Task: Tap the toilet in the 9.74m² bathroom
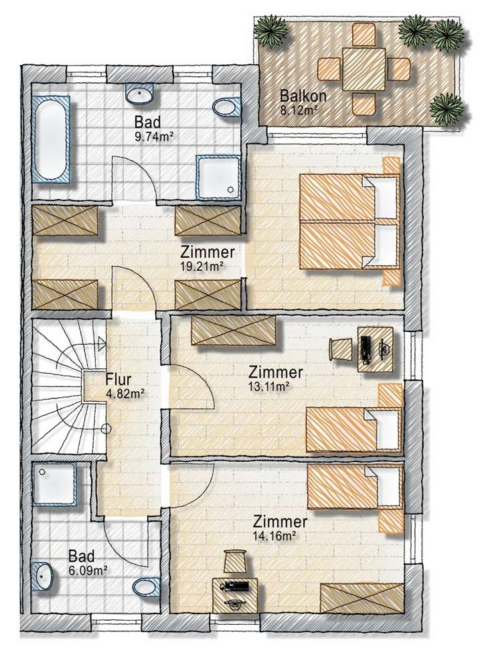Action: (227, 106)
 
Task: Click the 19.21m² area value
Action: (202, 266)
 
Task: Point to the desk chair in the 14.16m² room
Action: (236, 561)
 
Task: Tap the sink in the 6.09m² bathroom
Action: (44, 574)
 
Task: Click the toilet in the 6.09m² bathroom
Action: (145, 587)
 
